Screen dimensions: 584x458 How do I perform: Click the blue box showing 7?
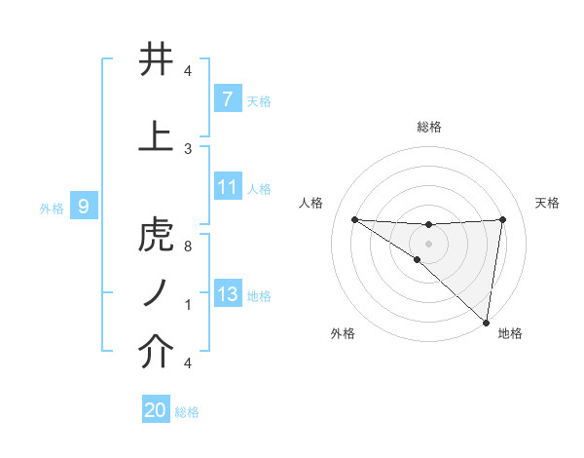[x=227, y=98]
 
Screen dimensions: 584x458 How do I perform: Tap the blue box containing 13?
[x=227, y=294]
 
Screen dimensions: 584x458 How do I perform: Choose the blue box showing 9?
[x=84, y=207]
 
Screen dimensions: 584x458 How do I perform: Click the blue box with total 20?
[x=156, y=410]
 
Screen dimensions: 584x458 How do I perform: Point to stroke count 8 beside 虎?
[x=187, y=247]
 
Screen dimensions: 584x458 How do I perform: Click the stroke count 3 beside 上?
[x=187, y=148]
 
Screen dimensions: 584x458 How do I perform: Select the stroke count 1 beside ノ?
[x=187, y=304]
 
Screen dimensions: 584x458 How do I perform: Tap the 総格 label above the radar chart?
[x=428, y=127]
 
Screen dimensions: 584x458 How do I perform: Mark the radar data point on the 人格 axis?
[x=354, y=219]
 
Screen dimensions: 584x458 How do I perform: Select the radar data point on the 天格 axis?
[x=502, y=219]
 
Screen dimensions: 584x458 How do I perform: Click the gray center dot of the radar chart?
[x=428, y=243]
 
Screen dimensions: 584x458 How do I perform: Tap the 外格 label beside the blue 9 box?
[x=51, y=208]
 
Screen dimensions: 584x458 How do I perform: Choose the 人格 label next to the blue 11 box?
[x=259, y=188]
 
